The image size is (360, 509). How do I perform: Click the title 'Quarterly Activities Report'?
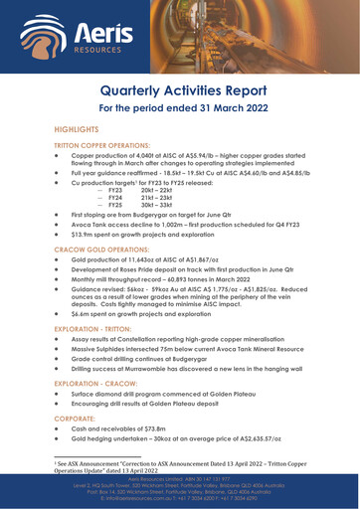[x=180, y=94]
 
